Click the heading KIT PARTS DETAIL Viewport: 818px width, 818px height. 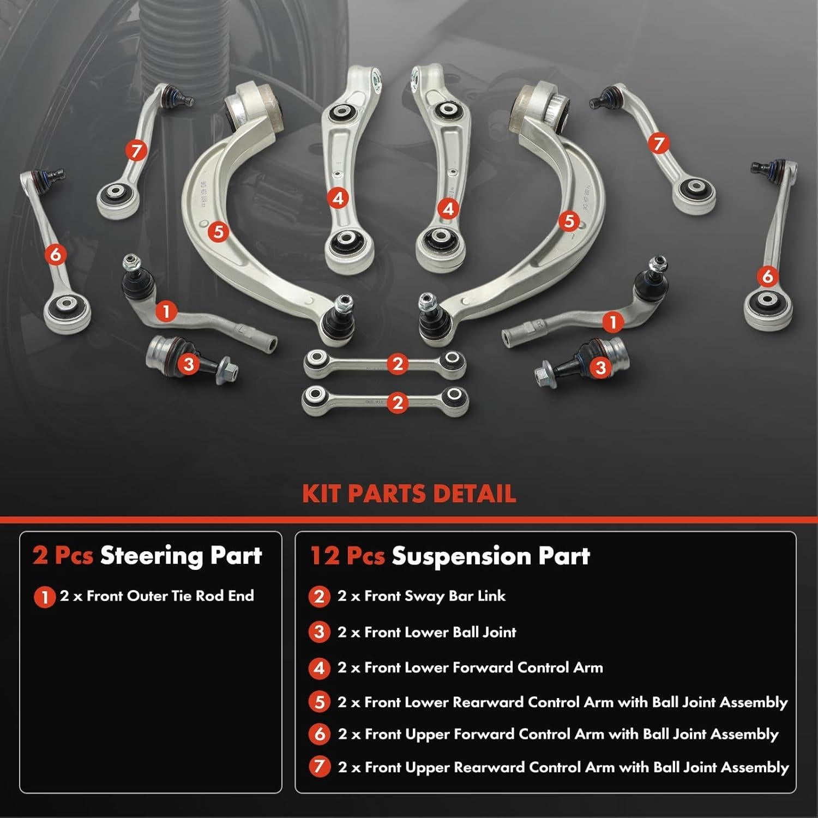pos(409,494)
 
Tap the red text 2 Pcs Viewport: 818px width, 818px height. pos(62,556)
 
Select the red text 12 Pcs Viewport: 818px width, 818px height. pos(347,556)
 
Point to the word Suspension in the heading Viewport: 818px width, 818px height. pos(461,556)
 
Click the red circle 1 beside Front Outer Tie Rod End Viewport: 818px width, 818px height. pos(44,597)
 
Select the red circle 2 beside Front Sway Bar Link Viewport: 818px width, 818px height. pos(320,597)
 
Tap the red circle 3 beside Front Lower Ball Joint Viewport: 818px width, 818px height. pos(320,633)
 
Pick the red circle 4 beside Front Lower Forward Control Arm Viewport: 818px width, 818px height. pos(320,668)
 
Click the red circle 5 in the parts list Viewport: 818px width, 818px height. pos(320,702)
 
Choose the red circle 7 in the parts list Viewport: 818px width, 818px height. pos(320,767)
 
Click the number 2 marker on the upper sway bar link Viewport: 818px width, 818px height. pos(398,364)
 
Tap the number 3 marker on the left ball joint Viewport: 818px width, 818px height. pos(189,364)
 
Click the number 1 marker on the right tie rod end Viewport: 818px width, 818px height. pos(613,322)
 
